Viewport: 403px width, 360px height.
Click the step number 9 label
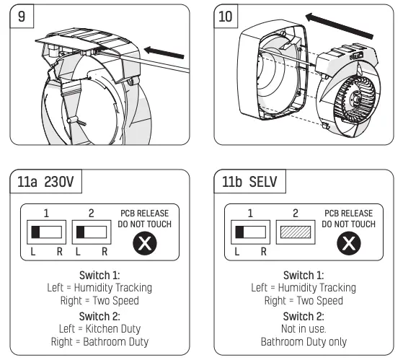(22, 17)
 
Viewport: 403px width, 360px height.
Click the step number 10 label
(226, 17)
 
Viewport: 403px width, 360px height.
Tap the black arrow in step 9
(164, 53)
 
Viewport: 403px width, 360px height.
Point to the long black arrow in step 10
(340, 26)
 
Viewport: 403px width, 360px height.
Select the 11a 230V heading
(45, 182)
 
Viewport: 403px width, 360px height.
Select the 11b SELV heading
(249, 182)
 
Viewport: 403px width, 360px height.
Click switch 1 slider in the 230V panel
(47, 232)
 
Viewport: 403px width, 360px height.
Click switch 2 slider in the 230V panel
(92, 232)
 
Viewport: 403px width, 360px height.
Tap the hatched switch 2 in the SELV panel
(296, 232)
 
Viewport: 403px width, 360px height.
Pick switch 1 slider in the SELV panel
(251, 232)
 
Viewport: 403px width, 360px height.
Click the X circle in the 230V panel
(145, 243)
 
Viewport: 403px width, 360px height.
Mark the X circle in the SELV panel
(349, 243)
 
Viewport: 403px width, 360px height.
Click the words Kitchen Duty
(113, 329)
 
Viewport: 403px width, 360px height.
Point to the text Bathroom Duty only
(304, 342)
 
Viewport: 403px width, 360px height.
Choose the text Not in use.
(304, 329)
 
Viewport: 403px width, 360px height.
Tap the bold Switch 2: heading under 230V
(99, 316)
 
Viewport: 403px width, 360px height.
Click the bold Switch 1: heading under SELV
(304, 276)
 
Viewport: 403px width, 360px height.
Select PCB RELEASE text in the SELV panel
(349, 213)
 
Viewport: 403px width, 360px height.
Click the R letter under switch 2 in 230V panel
(105, 252)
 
